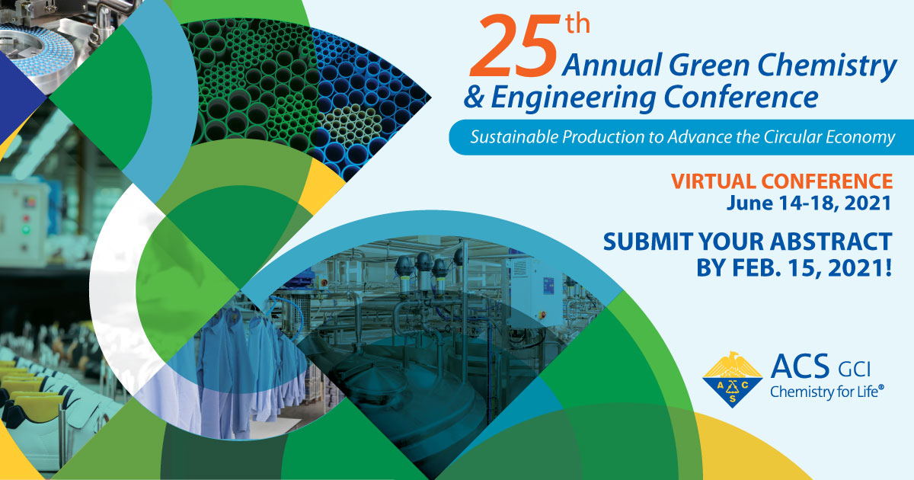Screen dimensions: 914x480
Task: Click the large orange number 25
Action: [x=513, y=46]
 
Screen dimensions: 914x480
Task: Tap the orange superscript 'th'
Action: [x=578, y=24]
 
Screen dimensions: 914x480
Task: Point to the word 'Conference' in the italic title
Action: [x=741, y=97]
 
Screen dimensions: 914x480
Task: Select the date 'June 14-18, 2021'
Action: [x=809, y=203]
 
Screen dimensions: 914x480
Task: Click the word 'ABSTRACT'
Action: [x=831, y=242]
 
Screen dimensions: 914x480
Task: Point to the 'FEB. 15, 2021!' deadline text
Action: [x=812, y=267]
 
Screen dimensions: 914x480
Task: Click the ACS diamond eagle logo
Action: [x=733, y=379]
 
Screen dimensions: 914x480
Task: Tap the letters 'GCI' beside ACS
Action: [x=855, y=370]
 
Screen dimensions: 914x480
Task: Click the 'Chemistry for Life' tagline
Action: [x=826, y=392]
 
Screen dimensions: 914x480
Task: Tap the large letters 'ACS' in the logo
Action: [x=801, y=366]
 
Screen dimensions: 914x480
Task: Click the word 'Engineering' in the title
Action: [x=574, y=98]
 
